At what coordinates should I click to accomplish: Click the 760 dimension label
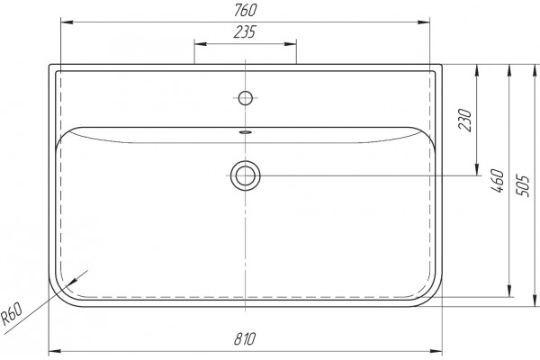(x=245, y=10)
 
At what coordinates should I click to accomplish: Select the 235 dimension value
(x=245, y=31)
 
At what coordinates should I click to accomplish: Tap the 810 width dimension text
(x=245, y=339)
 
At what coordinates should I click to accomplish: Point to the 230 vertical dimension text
(x=464, y=120)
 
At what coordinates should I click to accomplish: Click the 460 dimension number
(x=497, y=181)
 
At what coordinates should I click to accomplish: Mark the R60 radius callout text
(x=12, y=314)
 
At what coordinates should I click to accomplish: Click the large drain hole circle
(x=245, y=175)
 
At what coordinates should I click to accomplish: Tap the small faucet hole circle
(x=245, y=98)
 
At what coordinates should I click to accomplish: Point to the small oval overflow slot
(x=245, y=131)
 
